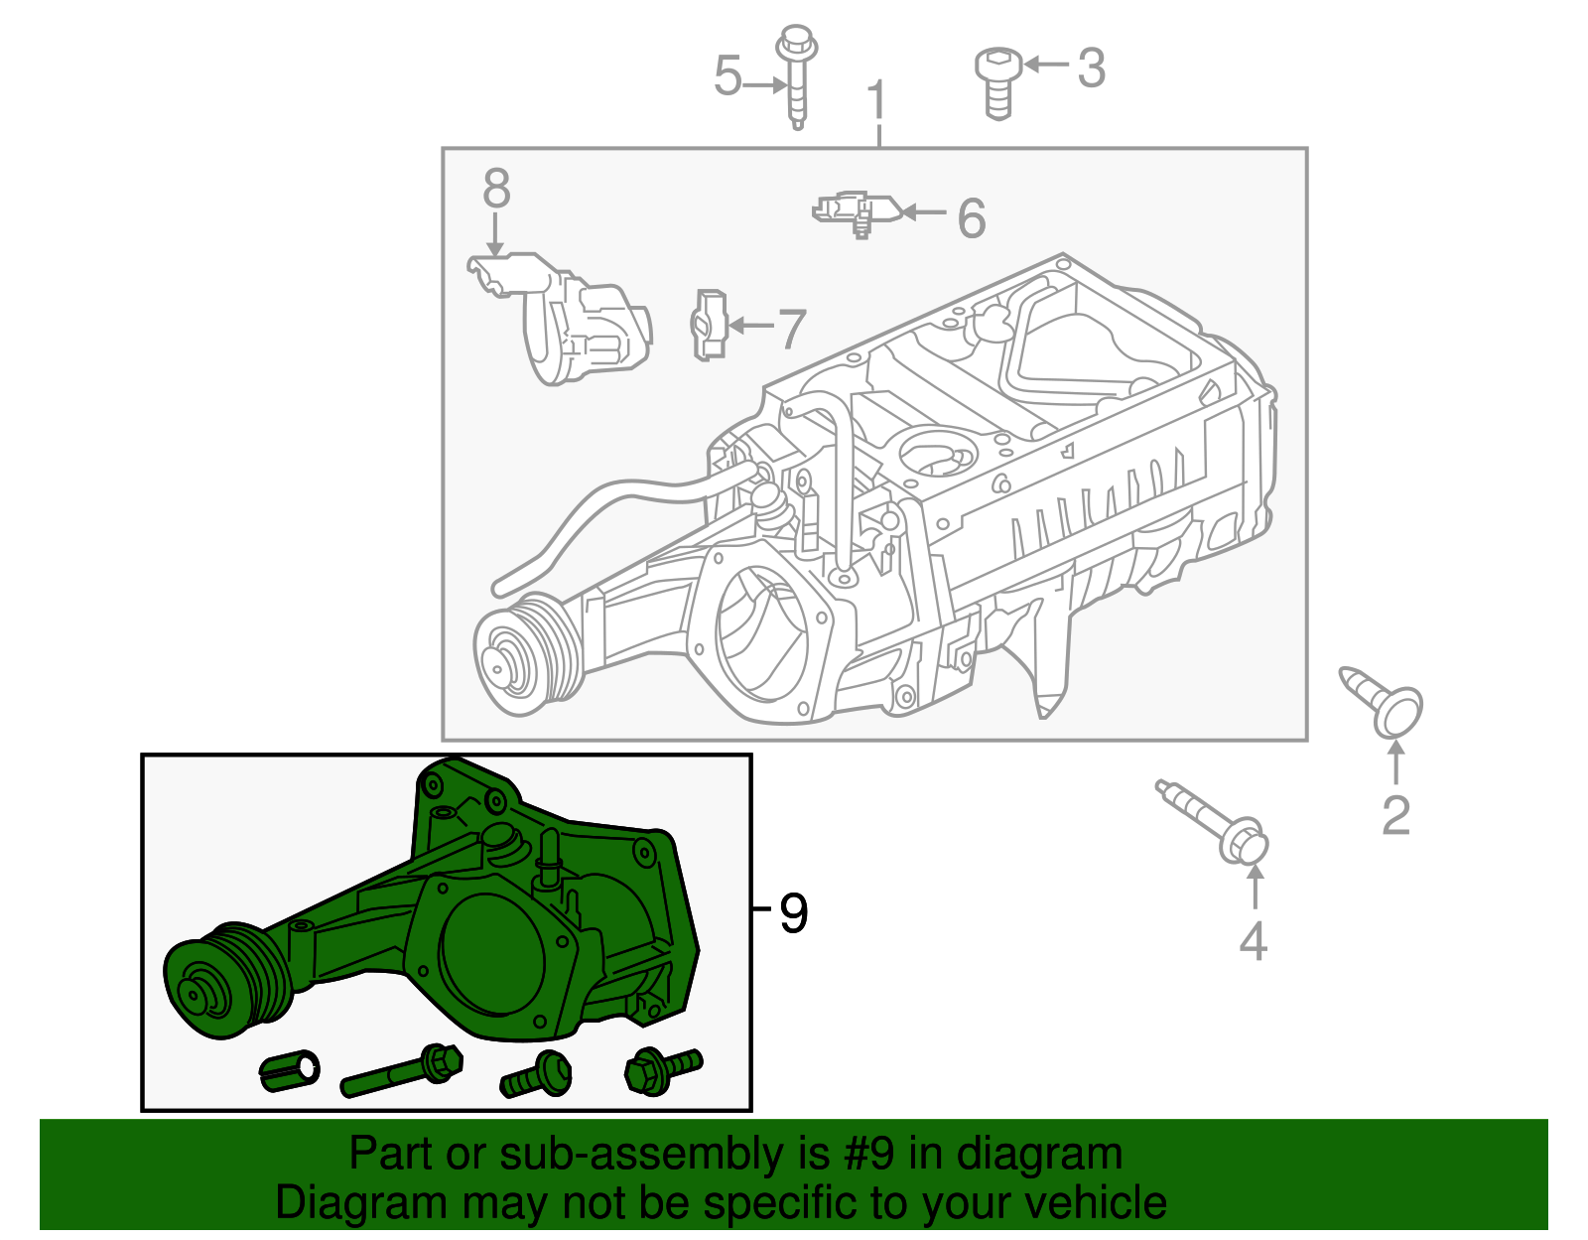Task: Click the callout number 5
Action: [728, 76]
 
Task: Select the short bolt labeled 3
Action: [997, 83]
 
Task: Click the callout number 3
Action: [1091, 68]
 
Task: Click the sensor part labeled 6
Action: [857, 211]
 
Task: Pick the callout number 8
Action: [496, 188]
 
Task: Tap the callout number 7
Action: [791, 329]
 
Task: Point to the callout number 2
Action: [1395, 816]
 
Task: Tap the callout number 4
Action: [1254, 941]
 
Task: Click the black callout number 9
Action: [793, 911]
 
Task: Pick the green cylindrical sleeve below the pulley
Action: [289, 1069]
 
